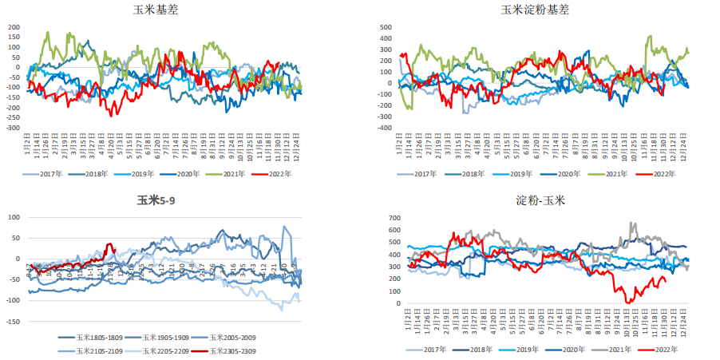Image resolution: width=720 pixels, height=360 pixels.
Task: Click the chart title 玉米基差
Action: [161, 10]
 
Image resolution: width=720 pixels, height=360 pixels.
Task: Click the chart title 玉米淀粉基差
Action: [535, 10]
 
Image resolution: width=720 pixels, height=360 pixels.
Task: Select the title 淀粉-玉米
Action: [538, 201]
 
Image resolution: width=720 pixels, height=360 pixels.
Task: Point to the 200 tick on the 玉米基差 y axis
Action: [13, 27]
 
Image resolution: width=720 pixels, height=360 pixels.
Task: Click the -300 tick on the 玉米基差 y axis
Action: [11, 128]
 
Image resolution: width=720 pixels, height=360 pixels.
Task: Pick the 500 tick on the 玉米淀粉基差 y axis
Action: [385, 27]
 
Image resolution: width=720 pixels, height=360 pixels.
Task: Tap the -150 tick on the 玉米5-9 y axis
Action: [11, 321]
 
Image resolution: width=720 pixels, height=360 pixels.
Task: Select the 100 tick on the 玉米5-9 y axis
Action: [14, 217]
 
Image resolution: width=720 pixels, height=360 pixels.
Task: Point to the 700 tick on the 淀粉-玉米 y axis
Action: [394, 218]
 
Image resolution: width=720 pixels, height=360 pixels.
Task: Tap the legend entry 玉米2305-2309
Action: [235, 350]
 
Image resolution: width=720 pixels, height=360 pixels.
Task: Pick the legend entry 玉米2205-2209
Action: [168, 350]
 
